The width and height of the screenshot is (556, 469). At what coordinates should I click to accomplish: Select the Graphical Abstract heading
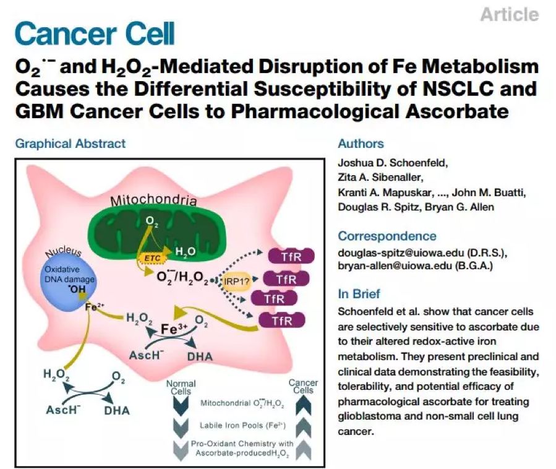(70, 144)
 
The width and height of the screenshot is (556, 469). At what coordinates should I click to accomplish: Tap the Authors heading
(361, 144)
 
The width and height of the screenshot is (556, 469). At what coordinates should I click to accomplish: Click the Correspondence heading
(387, 236)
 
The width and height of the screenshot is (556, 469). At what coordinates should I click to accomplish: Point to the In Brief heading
(359, 293)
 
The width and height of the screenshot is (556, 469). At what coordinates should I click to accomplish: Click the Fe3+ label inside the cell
(169, 328)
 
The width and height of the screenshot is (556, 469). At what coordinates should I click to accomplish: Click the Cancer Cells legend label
(303, 387)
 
